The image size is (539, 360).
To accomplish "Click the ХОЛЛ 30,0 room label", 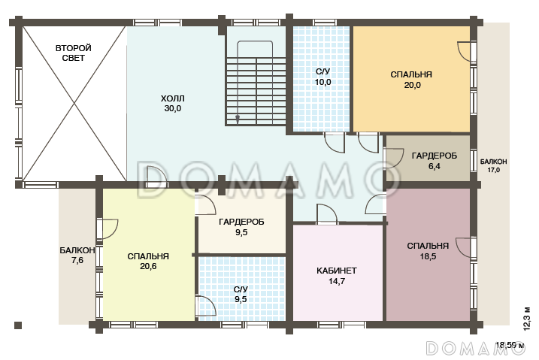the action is coord(173,104).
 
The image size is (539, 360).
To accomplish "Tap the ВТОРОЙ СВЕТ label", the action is coord(73,53).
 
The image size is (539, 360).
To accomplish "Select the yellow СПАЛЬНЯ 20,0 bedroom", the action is coord(411,80).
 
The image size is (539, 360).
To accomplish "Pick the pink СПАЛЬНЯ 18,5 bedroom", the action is coord(428,254).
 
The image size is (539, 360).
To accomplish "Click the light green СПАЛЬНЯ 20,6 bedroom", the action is coord(149,255).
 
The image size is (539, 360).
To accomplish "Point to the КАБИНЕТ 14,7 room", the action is coord(338,273).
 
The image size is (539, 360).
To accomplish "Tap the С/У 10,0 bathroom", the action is coord(322,79).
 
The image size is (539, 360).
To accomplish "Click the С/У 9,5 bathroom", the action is coord(242,289).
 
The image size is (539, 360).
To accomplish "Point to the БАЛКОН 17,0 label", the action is coord(493,165).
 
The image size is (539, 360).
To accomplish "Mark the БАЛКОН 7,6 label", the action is coord(77,256).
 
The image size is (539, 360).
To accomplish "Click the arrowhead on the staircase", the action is coord(238,119).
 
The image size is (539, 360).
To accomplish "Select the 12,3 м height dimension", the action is coord(527,318).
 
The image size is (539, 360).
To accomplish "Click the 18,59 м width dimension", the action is coord(510,344).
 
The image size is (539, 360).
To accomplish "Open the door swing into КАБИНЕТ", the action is coord(327,214).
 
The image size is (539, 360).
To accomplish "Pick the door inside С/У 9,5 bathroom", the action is coord(205,306).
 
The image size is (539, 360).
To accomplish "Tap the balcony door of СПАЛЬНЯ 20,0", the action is coord(467,52).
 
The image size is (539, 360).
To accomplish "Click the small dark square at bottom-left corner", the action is coord(18,325).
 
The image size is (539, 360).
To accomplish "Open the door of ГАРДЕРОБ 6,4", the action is coord(394,159).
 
